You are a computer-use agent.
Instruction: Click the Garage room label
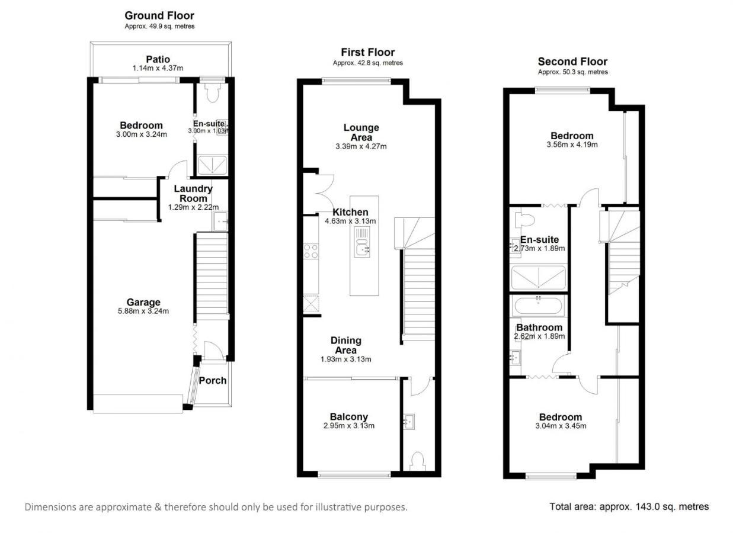[143, 303]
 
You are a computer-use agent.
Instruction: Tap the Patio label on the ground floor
[158, 59]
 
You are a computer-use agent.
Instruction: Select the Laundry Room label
[193, 194]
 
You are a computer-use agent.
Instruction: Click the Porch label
[212, 380]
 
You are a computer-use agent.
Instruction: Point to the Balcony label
[349, 417]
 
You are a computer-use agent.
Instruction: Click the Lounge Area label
[361, 132]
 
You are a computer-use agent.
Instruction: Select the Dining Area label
[345, 345]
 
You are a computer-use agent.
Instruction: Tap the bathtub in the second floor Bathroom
[539, 306]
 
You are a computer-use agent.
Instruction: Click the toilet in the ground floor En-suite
[212, 92]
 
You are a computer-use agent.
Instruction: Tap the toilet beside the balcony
[418, 460]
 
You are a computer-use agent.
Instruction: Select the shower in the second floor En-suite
[538, 277]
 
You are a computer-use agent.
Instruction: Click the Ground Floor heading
[159, 15]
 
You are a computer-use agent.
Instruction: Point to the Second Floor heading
[572, 62]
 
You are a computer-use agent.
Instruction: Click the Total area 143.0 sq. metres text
[629, 506]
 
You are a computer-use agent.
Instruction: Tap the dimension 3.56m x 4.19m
[571, 145]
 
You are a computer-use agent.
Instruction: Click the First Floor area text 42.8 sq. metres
[367, 63]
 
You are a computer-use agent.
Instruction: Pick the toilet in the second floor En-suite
[524, 220]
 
